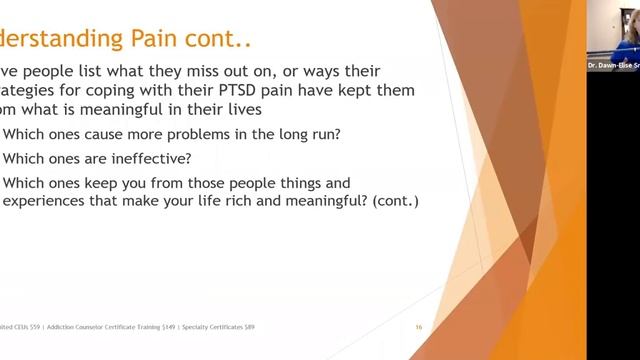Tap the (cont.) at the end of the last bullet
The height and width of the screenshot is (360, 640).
coord(391,200)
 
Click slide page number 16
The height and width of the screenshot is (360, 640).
coord(419,327)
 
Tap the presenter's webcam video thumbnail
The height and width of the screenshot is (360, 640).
coord(613,32)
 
